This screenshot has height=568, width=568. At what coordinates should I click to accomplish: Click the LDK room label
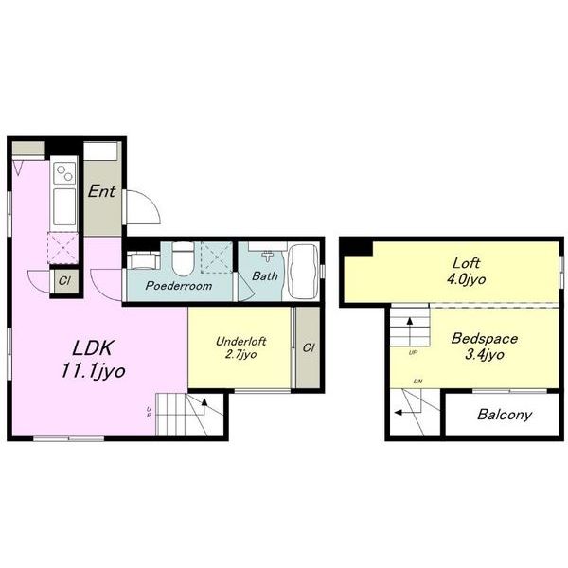(x=94, y=347)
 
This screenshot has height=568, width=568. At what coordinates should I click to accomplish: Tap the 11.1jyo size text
(x=94, y=371)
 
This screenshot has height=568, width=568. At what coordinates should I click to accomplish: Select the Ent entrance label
(x=102, y=191)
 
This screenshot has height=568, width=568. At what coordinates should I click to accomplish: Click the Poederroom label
(x=179, y=286)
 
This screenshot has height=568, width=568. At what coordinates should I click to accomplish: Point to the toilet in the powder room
(x=183, y=259)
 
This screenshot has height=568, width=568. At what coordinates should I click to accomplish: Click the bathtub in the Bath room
(x=304, y=271)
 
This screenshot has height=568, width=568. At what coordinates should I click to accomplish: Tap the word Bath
(x=265, y=276)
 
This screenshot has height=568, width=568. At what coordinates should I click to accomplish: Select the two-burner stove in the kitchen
(x=64, y=173)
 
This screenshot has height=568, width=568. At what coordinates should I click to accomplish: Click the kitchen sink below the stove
(x=64, y=206)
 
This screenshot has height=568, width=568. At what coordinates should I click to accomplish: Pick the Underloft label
(x=240, y=341)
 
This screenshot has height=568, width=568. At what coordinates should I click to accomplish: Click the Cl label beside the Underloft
(x=309, y=347)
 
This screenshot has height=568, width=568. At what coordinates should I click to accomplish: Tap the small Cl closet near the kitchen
(x=64, y=281)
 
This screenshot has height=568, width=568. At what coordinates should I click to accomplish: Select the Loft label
(x=466, y=262)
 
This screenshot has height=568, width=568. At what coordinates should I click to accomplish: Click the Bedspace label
(x=485, y=338)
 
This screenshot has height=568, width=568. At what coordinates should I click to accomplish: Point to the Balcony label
(x=505, y=415)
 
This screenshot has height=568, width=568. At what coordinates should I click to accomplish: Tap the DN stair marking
(x=417, y=382)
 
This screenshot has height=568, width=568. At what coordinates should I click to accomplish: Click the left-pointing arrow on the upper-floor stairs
(x=408, y=412)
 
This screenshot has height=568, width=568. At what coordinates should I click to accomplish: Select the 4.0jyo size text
(x=466, y=279)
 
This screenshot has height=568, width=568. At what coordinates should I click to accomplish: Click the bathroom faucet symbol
(x=268, y=256)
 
